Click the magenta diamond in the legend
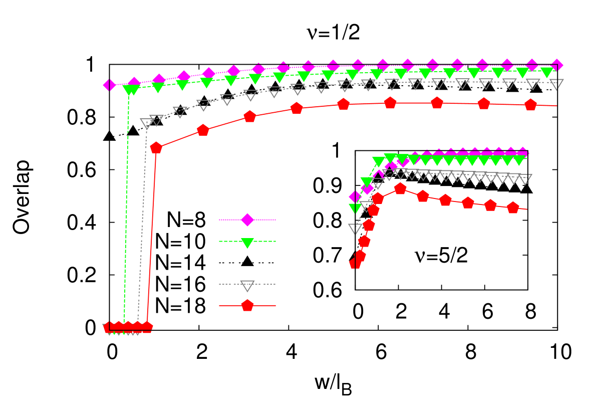(247, 220)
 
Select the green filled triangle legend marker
(247, 243)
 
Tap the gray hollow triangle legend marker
(247, 286)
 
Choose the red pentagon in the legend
(247, 305)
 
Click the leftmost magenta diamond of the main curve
(109, 85)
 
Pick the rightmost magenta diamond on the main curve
(556, 66)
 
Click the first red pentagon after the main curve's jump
(156, 147)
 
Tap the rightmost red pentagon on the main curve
(530, 105)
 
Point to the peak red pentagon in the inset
(400, 188)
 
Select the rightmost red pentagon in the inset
(513, 207)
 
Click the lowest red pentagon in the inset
(355, 263)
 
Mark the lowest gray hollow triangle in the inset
(355, 229)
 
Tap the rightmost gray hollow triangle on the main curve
(556, 84)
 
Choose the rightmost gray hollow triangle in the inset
(525, 179)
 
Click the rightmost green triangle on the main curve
(547, 72)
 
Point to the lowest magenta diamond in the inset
(355, 196)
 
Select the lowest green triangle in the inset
(355, 208)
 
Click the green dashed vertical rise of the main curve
(126, 211)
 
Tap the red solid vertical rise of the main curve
(151, 236)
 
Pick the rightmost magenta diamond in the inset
(522, 153)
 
